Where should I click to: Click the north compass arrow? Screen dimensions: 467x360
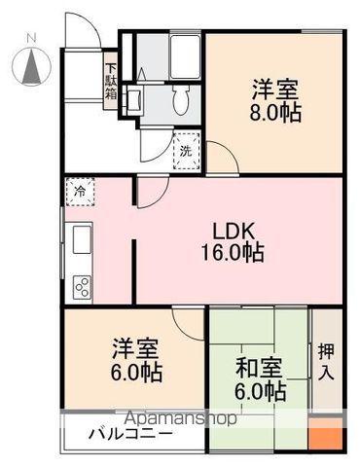31,65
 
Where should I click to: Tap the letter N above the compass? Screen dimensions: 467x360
31,38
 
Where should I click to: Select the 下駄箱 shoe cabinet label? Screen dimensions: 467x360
112,82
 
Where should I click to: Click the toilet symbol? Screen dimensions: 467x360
179,96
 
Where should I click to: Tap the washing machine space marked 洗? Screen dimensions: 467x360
185,152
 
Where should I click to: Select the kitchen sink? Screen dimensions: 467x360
79,239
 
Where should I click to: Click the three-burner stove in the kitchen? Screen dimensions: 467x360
81,286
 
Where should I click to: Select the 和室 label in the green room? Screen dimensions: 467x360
260,371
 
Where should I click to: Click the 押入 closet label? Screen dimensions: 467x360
326,360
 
